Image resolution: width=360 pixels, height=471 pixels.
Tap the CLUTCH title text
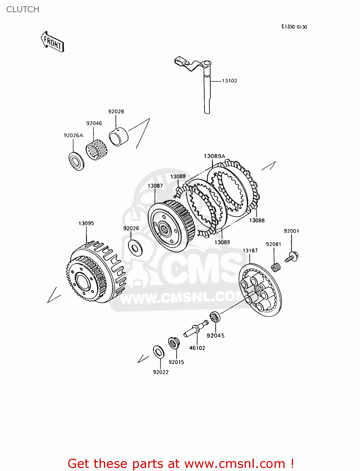coord(23,9)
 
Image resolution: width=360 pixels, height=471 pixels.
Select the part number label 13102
coord(229,81)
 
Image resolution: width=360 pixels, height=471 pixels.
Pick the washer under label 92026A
coord(76,161)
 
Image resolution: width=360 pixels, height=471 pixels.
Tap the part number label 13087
coord(155,186)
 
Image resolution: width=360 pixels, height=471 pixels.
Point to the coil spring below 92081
coord(276,267)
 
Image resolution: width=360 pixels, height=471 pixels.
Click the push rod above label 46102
coord(196,328)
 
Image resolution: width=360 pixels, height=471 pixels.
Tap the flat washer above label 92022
coord(158,352)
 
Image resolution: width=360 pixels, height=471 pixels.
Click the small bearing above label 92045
coord(215,317)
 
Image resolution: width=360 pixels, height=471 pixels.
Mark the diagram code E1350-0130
coord(294,27)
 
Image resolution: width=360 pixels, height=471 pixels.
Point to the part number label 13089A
coord(214,156)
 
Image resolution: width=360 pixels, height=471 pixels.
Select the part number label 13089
coord(222,242)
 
